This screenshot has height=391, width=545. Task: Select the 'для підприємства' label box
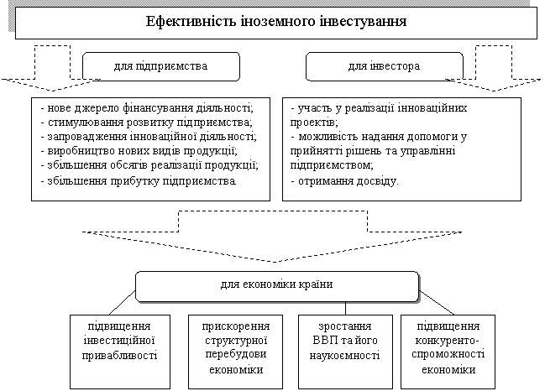pos(160,65)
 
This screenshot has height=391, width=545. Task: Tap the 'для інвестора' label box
pos(384,65)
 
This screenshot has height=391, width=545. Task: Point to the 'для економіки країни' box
pos(276,285)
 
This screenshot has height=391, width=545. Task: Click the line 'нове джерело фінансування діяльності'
pos(146,109)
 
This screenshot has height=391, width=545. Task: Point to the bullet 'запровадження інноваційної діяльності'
pos(148,137)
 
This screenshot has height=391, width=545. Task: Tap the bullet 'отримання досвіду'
pos(344,180)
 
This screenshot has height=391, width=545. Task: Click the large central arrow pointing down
pos(272,235)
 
